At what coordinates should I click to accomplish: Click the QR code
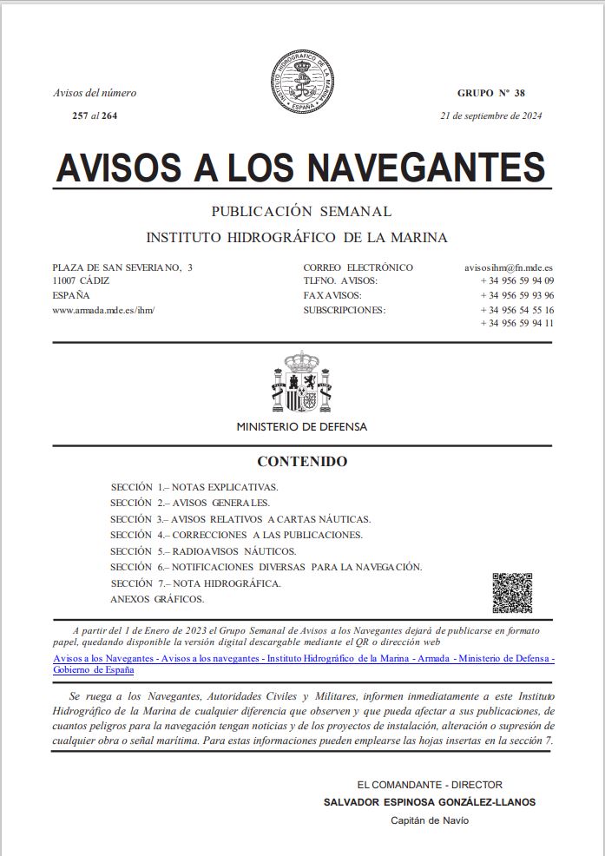click(x=512, y=593)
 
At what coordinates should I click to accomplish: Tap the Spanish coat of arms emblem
click(x=302, y=382)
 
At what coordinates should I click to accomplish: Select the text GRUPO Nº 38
click(x=490, y=93)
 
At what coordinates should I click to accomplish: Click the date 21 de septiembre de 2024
click(x=490, y=115)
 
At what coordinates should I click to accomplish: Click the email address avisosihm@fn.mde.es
click(x=509, y=267)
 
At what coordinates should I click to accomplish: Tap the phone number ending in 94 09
click(x=516, y=281)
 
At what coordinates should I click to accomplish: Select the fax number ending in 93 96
click(x=516, y=295)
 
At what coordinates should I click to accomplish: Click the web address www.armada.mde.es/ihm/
click(x=103, y=309)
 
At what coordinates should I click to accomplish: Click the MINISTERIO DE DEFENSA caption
click(x=302, y=426)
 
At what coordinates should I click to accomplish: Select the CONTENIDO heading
click(x=302, y=462)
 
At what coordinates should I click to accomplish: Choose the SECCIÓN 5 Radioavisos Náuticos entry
click(x=203, y=551)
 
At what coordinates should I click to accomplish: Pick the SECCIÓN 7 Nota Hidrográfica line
click(x=196, y=583)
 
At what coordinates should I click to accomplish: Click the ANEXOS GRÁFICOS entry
click(x=157, y=599)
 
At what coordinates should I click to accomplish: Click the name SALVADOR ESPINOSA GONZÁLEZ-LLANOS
click(x=430, y=802)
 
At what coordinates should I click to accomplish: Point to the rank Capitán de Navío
click(x=430, y=820)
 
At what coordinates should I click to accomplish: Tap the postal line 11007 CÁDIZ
click(x=81, y=281)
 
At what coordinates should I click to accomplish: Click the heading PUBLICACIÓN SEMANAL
click(x=302, y=212)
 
